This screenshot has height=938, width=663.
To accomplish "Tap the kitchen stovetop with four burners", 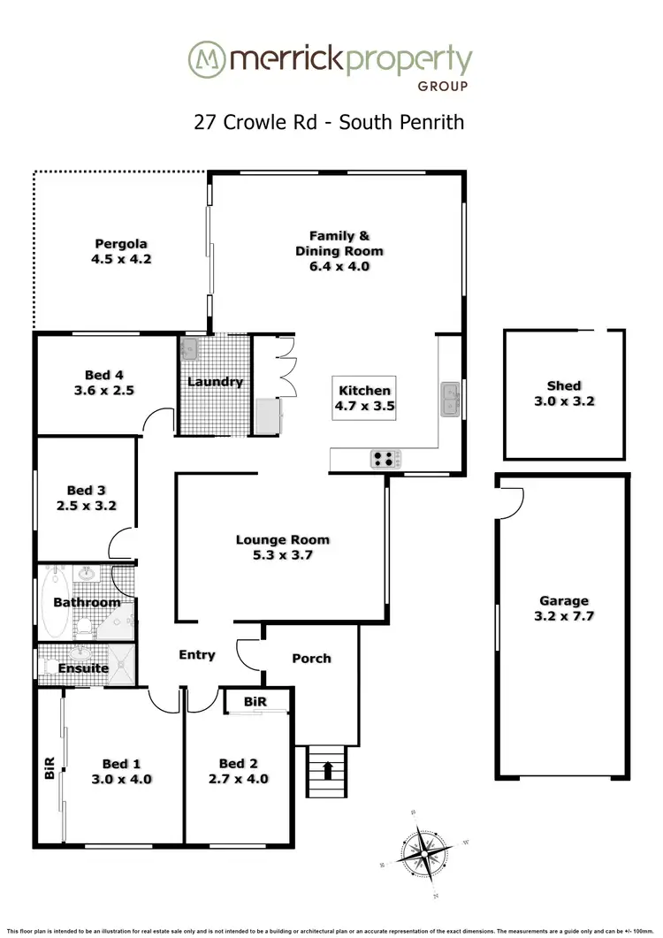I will click(386, 458).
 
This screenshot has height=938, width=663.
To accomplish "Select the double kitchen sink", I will click(450, 399).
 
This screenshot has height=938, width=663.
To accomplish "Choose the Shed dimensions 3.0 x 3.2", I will click(564, 400).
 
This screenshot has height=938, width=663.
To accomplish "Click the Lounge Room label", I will click(282, 539).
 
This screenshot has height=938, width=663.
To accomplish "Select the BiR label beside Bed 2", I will click(255, 701).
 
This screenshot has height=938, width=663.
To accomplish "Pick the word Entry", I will click(197, 655).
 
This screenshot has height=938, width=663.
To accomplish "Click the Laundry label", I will click(215, 382).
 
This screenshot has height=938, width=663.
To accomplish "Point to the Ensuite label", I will click(84, 668).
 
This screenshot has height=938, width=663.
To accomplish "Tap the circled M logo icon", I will click(205, 60).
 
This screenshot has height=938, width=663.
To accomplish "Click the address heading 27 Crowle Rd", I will click(257, 121).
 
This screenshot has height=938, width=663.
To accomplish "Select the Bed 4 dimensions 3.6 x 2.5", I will click(104, 390).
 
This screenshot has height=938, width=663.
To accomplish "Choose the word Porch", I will click(311, 659).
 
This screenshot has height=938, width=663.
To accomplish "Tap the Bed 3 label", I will click(87, 490).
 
